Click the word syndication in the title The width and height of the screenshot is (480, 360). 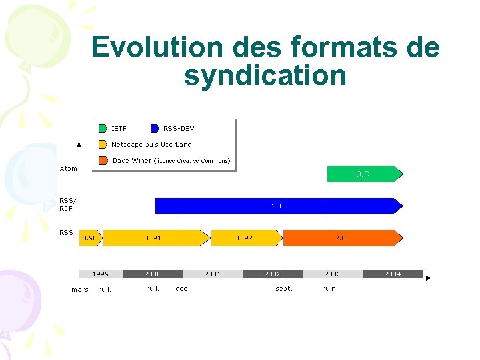(x=265, y=76)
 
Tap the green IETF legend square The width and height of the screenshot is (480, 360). (x=103, y=128)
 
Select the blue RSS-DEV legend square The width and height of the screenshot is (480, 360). (x=155, y=128)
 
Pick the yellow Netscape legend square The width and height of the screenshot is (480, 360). (x=103, y=144)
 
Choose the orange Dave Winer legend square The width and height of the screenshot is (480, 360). (x=103, y=160)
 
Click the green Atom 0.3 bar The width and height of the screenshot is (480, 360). (x=363, y=174)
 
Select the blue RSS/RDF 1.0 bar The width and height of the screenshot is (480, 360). (x=277, y=206)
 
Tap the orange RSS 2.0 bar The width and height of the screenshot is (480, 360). (x=341, y=238)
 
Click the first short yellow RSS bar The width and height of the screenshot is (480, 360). (x=89, y=238)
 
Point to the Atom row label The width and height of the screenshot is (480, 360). (x=68, y=169)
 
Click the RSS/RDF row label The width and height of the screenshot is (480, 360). (x=67, y=204)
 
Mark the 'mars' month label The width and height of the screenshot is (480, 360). (x=80, y=290)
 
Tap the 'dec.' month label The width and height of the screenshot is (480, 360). (x=183, y=289)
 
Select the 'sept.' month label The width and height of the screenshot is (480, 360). (x=284, y=289)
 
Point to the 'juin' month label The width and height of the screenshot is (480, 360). (x=330, y=289)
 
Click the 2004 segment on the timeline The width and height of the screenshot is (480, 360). (x=393, y=274)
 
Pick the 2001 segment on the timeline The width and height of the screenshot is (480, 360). (x=212, y=274)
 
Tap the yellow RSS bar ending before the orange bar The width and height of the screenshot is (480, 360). (x=247, y=238)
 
